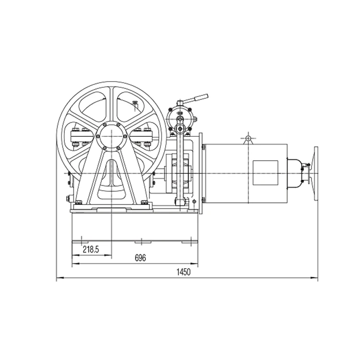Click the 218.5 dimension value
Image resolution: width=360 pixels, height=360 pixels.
pos(91,250)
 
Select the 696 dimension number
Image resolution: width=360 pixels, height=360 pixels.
pos(140,258)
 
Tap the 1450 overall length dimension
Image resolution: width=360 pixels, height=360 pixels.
pos(183,272)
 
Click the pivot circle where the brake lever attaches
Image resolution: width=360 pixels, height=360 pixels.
pos(180,128)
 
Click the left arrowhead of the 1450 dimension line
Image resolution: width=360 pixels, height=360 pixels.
pos(58,278)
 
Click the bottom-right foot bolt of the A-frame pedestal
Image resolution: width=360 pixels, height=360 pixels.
pos(144,203)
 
